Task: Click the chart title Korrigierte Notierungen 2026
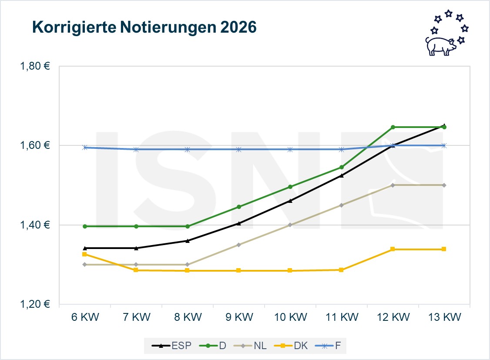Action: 144,27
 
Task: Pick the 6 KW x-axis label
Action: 85,317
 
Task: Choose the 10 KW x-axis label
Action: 290,317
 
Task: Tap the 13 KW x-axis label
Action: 444,317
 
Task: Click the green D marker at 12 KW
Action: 393,127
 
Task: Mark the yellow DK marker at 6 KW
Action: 85,254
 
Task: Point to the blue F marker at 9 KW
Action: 238,149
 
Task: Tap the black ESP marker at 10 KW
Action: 290,201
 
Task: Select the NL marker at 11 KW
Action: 341,205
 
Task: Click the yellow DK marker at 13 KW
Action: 444,249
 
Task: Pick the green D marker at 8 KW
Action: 188,226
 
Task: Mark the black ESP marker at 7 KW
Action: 136,248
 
